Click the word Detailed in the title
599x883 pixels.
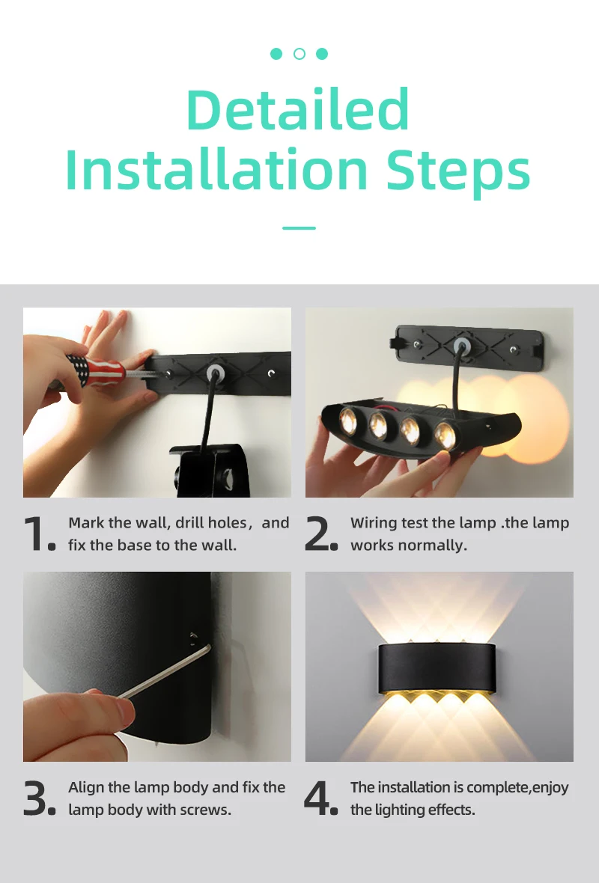coord(298,109)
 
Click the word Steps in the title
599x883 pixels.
coord(457,171)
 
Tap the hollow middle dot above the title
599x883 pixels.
coord(299,54)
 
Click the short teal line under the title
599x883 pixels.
coord(299,227)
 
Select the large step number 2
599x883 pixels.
coord(317,534)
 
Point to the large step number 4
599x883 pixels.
coord(317,798)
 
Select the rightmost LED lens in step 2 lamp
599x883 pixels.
coord(445,435)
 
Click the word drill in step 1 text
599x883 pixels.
coord(190,523)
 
